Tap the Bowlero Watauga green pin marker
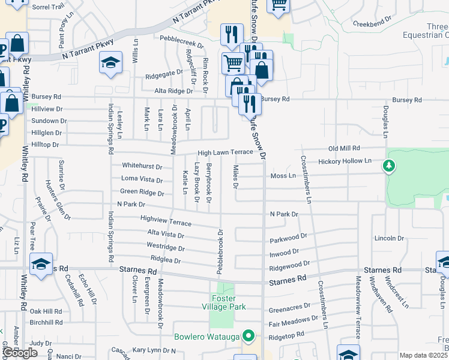pyautogui.click(x=248, y=335)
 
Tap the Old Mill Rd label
pyautogui.click(x=344, y=148)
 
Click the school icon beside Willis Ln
pyautogui.click(x=111, y=62)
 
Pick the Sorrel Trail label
pyautogui.click(x=47, y=7)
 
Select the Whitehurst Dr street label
pyautogui.click(x=142, y=166)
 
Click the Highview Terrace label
pyautogui.click(x=166, y=221)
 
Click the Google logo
pyautogui.click(x=20, y=353)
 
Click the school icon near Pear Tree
pyautogui.click(x=41, y=265)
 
